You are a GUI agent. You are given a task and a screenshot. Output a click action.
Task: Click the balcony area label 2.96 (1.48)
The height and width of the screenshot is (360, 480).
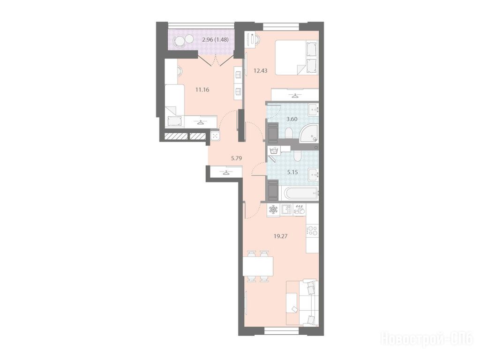(216, 39)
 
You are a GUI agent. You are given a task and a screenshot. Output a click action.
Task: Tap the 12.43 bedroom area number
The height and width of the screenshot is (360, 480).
(261, 71)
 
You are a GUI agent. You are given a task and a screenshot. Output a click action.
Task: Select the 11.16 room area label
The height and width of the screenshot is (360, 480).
(202, 90)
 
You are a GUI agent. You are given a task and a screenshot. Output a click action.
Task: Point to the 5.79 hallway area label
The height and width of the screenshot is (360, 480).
(237, 158)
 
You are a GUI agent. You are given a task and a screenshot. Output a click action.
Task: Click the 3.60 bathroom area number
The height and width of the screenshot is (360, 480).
(292, 119)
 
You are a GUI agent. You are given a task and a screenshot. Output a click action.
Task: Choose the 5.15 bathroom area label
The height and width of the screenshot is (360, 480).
(292, 172)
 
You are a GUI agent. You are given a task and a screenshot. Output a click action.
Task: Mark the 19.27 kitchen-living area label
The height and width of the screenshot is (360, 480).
(281, 236)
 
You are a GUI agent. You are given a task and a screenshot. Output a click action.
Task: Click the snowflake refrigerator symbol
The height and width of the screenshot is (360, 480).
(273, 210)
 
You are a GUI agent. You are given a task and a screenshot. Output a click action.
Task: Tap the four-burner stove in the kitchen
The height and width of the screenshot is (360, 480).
(312, 230)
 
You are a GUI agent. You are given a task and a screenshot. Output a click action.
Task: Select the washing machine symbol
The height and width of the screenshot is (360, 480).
(273, 150)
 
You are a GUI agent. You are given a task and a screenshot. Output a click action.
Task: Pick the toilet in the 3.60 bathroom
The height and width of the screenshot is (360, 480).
(289, 133)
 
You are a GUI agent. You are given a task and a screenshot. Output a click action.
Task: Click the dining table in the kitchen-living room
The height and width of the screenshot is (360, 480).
(258, 266)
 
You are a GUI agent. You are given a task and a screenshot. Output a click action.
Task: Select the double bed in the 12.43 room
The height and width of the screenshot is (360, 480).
(297, 58)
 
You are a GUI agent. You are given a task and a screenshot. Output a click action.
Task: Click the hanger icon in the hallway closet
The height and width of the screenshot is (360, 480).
(226, 172)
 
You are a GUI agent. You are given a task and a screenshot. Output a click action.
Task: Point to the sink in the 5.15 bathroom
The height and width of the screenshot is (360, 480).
(313, 175)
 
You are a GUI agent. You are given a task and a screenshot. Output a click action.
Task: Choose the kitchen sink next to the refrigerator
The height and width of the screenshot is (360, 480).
(286, 210)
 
